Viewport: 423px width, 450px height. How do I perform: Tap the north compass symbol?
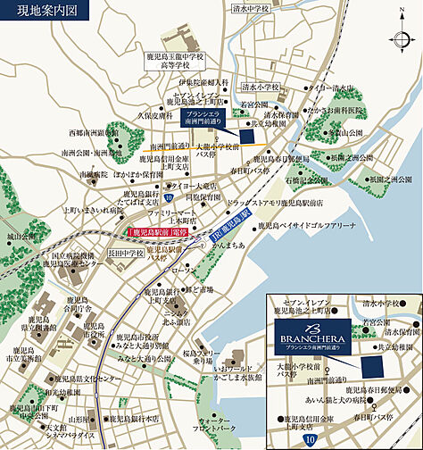[400, 40]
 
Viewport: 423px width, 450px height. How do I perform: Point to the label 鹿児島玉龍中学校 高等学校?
[177, 61]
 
